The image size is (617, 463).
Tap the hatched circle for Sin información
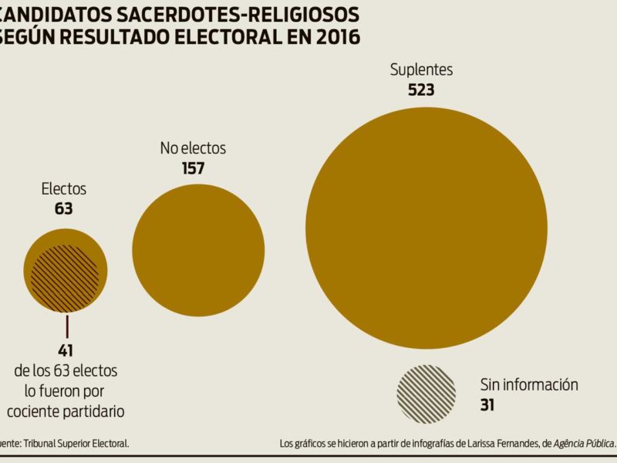coord(426,394)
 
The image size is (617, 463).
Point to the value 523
coord(421,90)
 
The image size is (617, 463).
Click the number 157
coord(193,167)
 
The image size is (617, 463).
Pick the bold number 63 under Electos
coord(63,208)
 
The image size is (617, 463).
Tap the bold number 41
coord(65,350)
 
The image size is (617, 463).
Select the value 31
coord(487,404)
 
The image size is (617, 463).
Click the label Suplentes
coord(421,69)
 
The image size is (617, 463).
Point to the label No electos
coord(193,148)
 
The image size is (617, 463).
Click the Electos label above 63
coord(63,189)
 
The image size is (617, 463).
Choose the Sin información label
coord(529,384)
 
